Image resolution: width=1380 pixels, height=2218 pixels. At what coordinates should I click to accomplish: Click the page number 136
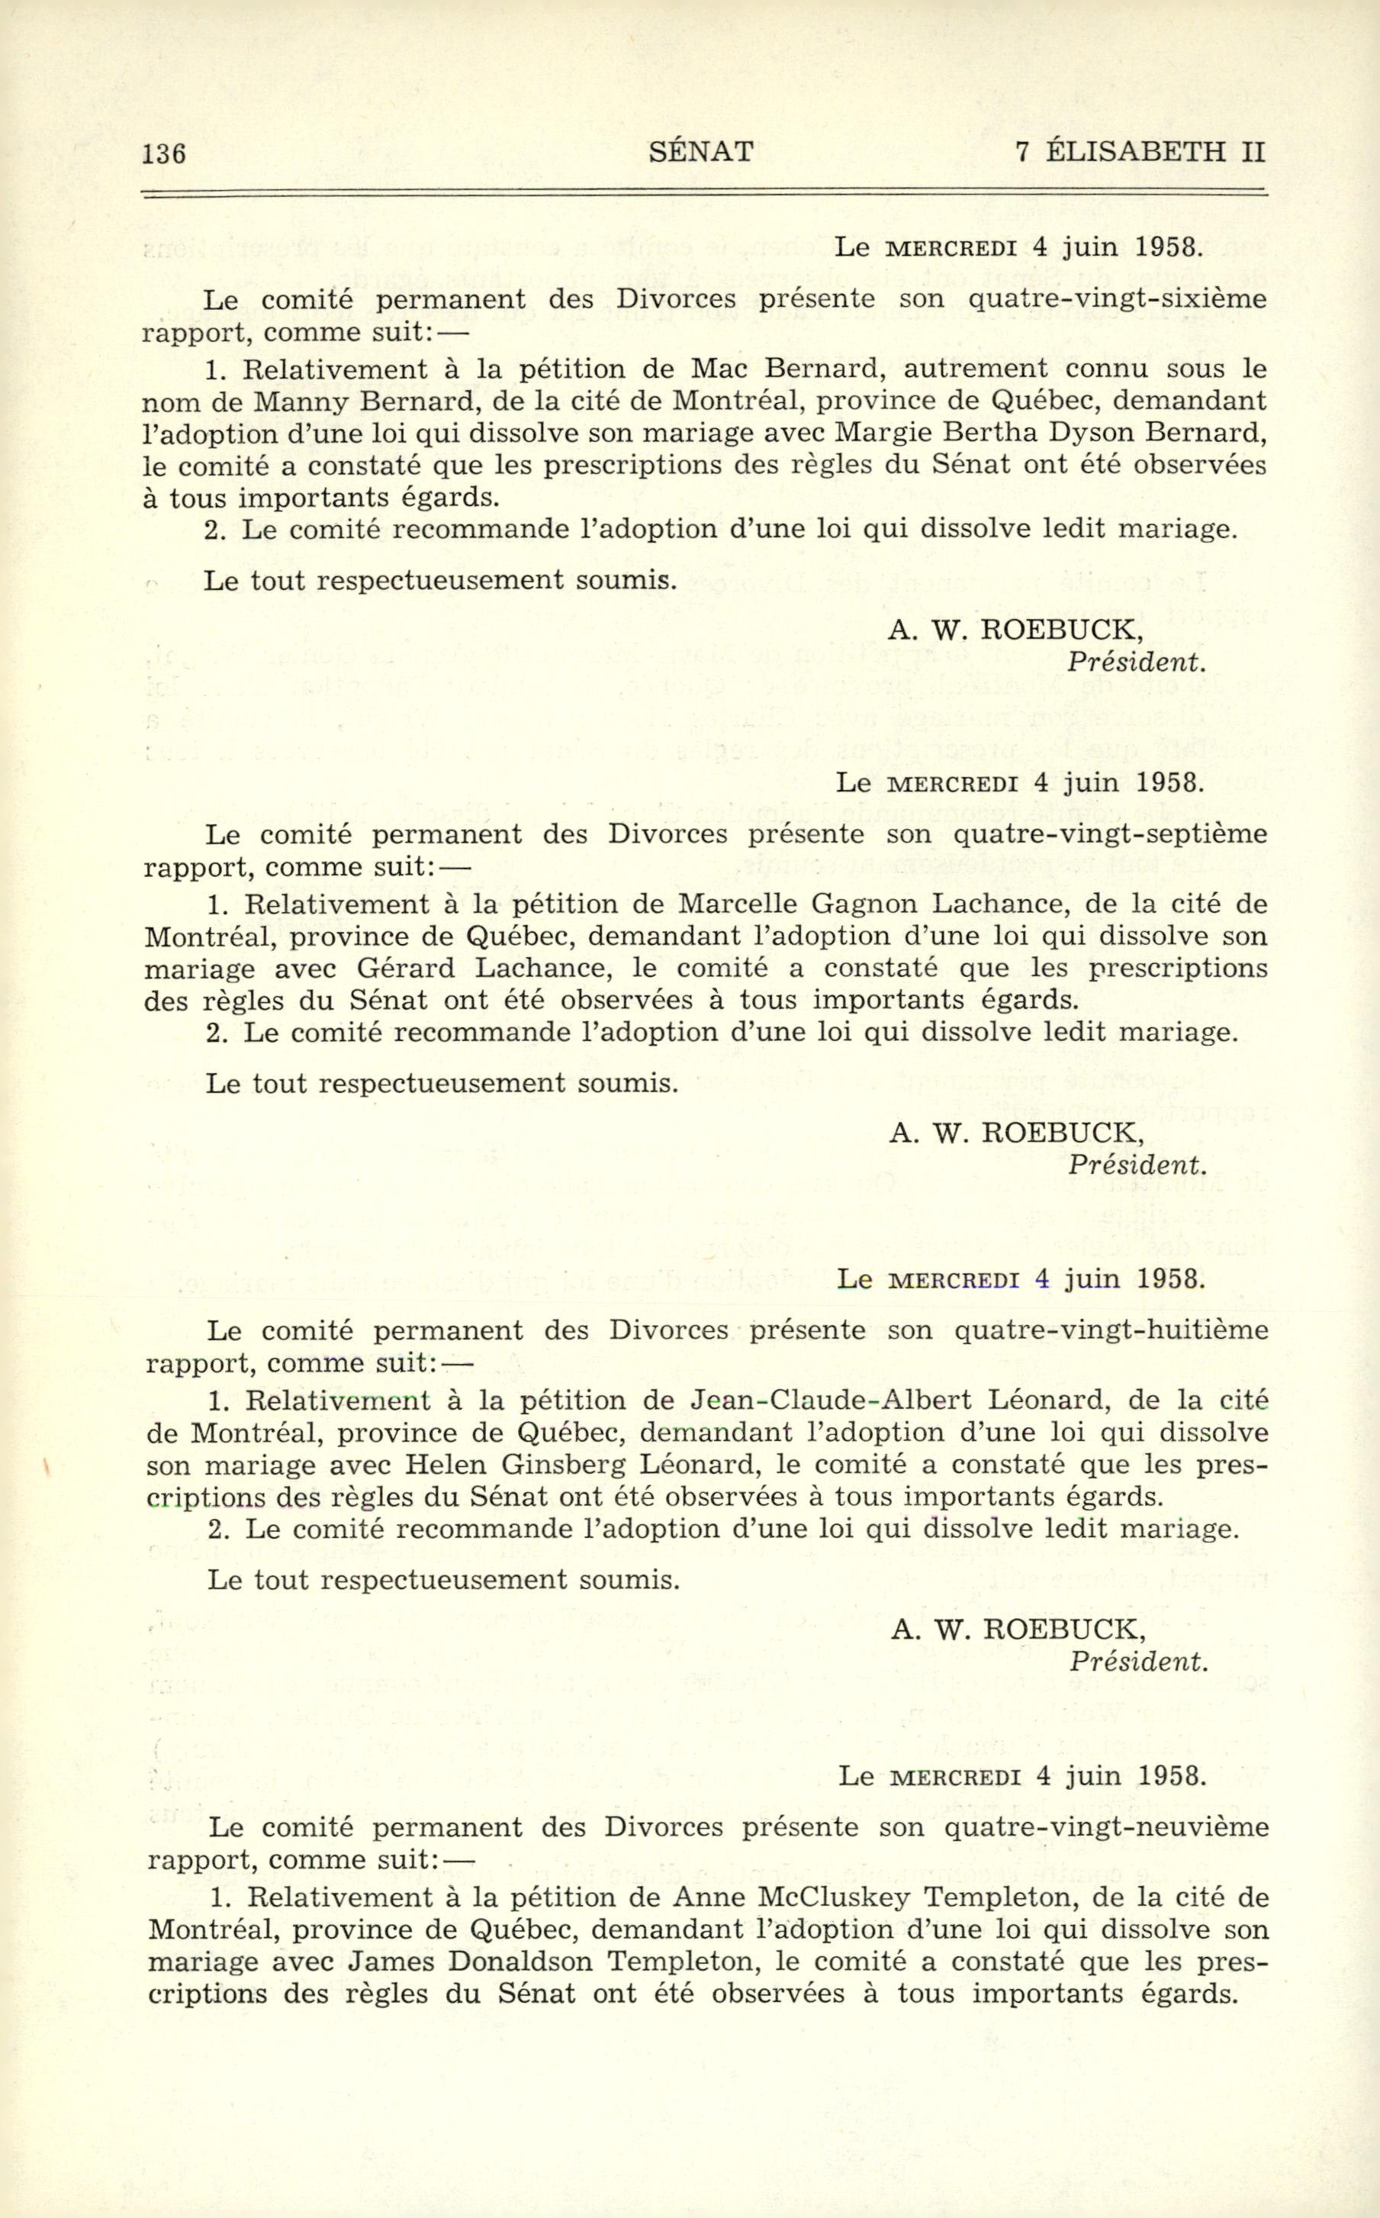[164, 153]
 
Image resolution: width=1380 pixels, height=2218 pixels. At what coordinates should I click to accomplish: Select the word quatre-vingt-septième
[1109, 834]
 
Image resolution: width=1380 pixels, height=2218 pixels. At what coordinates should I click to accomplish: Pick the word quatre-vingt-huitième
[1111, 1330]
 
